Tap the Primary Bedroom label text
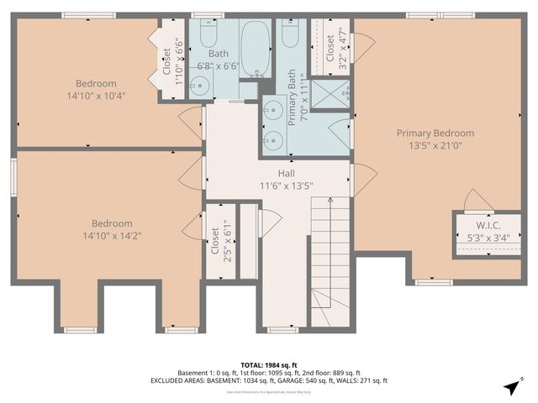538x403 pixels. click(435, 133)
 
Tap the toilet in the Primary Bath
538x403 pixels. click(291, 34)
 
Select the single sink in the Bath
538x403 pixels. click(199, 84)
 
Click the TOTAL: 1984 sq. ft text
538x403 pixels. click(268, 364)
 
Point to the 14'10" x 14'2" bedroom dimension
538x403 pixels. click(112, 235)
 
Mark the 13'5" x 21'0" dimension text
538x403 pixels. click(435, 145)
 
